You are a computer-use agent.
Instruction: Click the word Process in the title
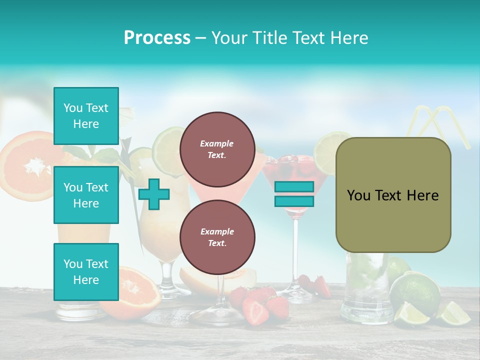point(157,38)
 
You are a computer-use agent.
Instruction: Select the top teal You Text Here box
point(86,116)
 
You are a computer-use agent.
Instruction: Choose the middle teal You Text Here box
point(86,195)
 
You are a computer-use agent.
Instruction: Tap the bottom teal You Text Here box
point(86,272)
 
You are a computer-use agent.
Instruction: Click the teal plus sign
point(154,194)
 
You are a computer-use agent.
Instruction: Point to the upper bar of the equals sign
point(294,187)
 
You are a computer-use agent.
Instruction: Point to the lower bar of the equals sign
point(294,201)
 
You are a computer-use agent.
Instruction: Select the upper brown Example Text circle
point(217,149)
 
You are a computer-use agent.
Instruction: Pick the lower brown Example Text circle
point(217,237)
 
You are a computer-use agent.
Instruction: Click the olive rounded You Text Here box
point(393,195)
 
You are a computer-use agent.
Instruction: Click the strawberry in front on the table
point(256,311)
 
